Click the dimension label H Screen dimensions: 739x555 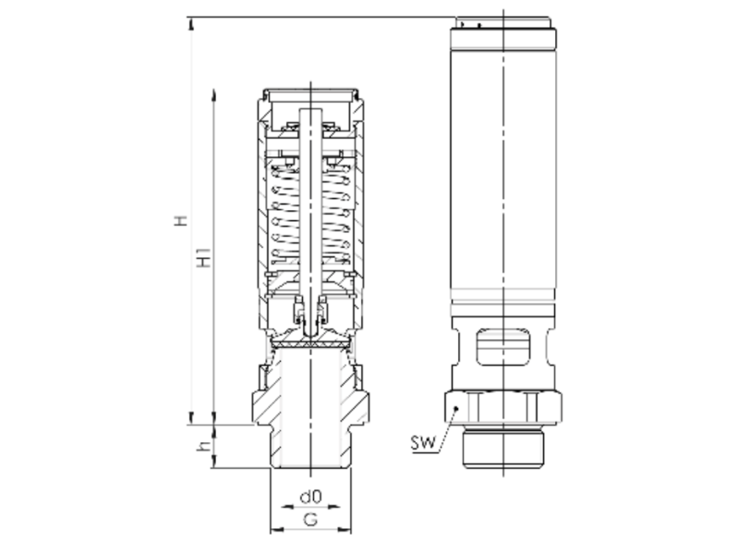click(x=181, y=221)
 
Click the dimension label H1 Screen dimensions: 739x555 click(x=204, y=257)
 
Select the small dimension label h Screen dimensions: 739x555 click(x=203, y=446)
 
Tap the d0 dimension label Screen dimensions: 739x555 click(x=310, y=497)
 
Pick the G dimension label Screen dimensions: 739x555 click(x=310, y=520)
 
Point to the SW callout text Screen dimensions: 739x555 click(x=423, y=443)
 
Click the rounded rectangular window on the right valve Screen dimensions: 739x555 click(x=503, y=347)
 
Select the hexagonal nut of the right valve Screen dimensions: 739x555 click(x=503, y=407)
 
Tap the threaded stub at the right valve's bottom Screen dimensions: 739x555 click(x=503, y=449)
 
